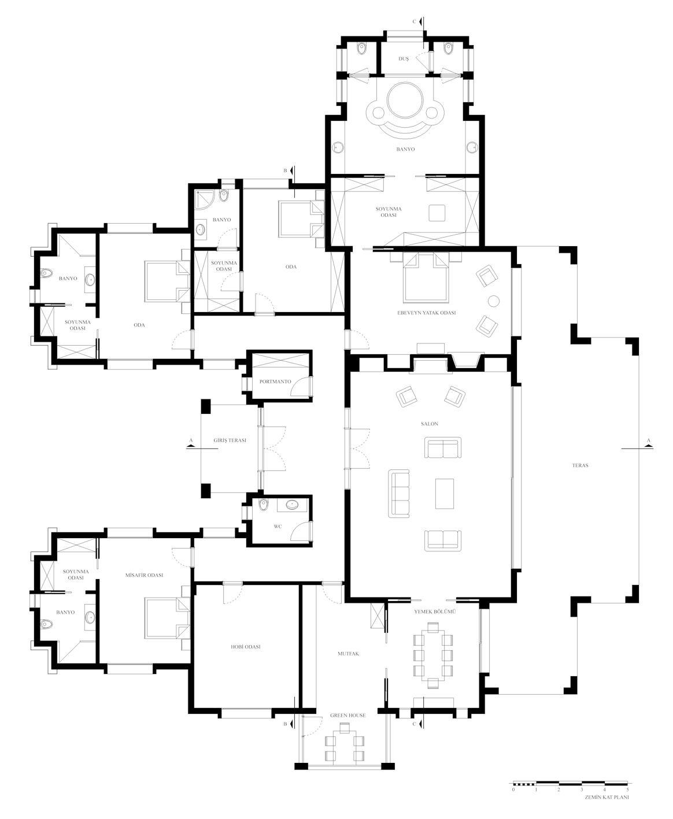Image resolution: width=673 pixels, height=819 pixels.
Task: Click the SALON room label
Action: click(x=430, y=424)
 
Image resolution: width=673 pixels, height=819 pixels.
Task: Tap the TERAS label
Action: click(x=580, y=465)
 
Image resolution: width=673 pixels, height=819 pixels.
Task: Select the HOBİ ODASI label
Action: click(x=246, y=647)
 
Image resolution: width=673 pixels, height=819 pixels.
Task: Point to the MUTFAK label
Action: click(x=348, y=654)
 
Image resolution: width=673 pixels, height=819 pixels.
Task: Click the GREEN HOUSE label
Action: click(x=347, y=716)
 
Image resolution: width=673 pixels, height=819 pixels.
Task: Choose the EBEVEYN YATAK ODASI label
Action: click(x=426, y=313)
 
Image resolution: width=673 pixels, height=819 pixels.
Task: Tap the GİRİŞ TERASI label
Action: click(x=230, y=440)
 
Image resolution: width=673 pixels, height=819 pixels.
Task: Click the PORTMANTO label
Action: click(x=275, y=381)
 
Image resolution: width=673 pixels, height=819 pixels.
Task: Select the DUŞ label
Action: click(x=404, y=58)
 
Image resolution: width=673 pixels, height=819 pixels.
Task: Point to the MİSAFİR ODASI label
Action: click(x=144, y=575)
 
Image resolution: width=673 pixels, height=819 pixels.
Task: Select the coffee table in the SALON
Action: click(x=445, y=494)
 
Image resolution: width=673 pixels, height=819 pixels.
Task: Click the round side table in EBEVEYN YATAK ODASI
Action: click(x=494, y=301)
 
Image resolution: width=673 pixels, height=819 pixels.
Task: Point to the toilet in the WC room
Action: click(x=264, y=505)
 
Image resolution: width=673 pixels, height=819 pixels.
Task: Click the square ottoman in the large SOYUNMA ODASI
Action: click(x=437, y=213)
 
